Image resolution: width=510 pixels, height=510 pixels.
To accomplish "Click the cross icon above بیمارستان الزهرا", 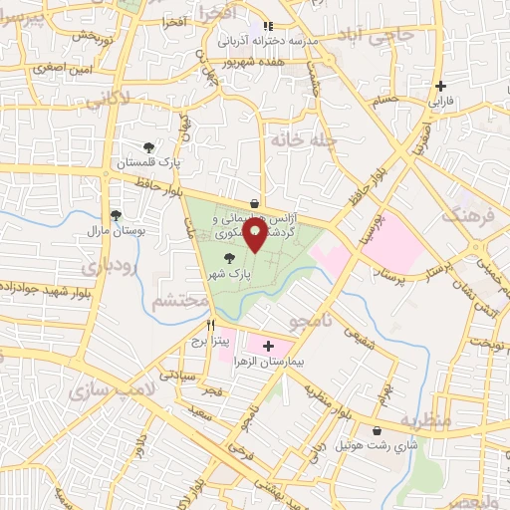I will tap(267, 346).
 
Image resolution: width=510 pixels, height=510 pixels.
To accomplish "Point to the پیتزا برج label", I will tap(210, 341).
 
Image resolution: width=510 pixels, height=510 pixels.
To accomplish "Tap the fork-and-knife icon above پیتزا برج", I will tap(209, 326).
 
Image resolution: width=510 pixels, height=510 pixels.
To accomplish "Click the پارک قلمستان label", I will tap(148, 161).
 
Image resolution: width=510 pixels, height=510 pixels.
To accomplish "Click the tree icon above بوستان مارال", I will tap(117, 215).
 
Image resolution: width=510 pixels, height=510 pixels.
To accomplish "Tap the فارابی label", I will tap(439, 102).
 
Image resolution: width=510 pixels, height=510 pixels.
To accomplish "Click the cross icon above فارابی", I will tap(440, 87).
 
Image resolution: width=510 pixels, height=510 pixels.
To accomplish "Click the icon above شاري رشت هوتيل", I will tap(377, 430).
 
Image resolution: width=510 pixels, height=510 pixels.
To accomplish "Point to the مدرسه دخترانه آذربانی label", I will tap(267, 41).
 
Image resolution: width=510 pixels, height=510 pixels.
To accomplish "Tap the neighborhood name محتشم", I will tap(180, 299).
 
